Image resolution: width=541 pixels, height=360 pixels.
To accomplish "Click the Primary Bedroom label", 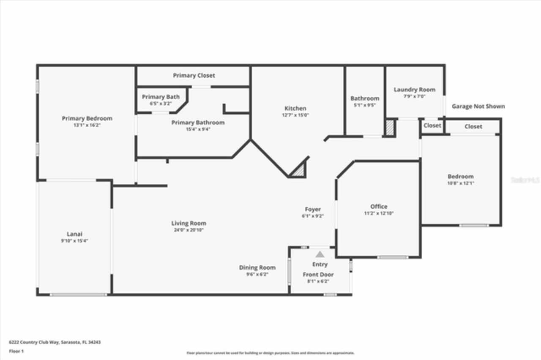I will click(87, 118).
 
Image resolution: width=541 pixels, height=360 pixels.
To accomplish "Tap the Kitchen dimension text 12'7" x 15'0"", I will click(295, 115).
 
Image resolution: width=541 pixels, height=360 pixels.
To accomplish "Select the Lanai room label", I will click(74, 234).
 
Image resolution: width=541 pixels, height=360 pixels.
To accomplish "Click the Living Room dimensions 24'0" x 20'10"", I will click(189, 230).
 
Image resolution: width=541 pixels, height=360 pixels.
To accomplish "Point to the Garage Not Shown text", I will click(478, 106).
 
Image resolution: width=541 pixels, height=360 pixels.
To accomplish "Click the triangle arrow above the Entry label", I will click(320, 254).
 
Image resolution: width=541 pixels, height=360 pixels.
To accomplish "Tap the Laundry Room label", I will click(414, 90).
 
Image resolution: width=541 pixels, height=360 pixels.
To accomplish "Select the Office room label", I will click(379, 207).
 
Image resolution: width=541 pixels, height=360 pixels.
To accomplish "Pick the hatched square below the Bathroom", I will click(390, 128).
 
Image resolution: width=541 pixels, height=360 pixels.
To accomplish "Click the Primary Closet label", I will click(194, 75).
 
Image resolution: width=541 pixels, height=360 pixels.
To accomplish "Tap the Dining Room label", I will click(257, 267).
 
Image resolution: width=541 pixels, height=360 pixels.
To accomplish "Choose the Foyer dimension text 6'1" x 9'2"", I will click(313, 216).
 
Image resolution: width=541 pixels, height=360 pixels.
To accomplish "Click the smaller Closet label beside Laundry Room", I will click(432, 125).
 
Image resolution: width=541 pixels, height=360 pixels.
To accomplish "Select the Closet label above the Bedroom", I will click(473, 126).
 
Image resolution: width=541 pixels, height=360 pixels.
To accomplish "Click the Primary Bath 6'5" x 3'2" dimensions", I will click(161, 103).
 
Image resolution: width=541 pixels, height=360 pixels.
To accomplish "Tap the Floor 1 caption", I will click(16, 351).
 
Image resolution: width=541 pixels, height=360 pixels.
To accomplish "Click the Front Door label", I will click(318, 275).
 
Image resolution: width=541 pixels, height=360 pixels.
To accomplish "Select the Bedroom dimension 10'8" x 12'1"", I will click(461, 183).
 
